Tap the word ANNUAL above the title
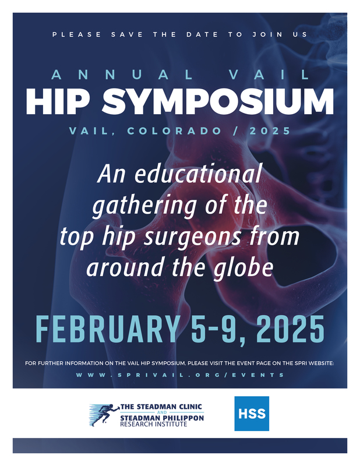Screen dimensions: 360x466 (122, 75)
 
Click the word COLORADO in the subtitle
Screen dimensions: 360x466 (175, 130)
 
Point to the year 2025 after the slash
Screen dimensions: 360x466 (270, 130)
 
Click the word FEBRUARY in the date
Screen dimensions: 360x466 (108, 329)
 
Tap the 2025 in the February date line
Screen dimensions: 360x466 (290, 329)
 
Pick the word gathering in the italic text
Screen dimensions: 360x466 (144, 206)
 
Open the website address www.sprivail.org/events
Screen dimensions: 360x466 (180, 375)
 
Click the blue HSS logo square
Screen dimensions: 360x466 (252, 414)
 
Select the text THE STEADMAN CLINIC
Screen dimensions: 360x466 (161, 407)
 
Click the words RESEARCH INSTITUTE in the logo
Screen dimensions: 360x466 (154, 424)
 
